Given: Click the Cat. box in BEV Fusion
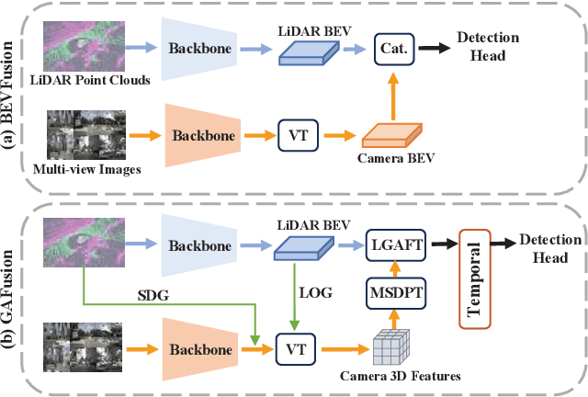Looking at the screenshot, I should click(x=391, y=47).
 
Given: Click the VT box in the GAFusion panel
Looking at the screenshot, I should click(x=295, y=350).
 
